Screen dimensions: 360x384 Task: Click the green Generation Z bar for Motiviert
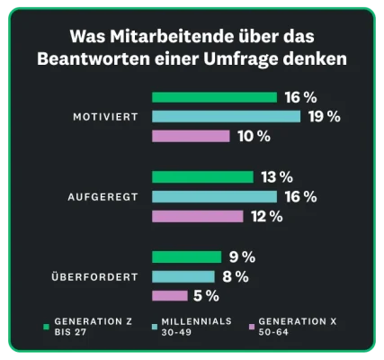(214, 97)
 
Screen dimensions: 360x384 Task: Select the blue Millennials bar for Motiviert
(226, 116)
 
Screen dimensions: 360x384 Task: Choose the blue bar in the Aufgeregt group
(214, 196)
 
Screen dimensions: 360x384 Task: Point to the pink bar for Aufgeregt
(197, 216)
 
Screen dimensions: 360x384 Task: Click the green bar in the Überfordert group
(186, 256)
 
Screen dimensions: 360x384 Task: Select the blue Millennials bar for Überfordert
(183, 276)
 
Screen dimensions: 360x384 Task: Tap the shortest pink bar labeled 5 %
(169, 295)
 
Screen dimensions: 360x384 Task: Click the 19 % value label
(324, 116)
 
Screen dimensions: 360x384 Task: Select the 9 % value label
(241, 256)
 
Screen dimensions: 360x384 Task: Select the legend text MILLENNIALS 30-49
(197, 326)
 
